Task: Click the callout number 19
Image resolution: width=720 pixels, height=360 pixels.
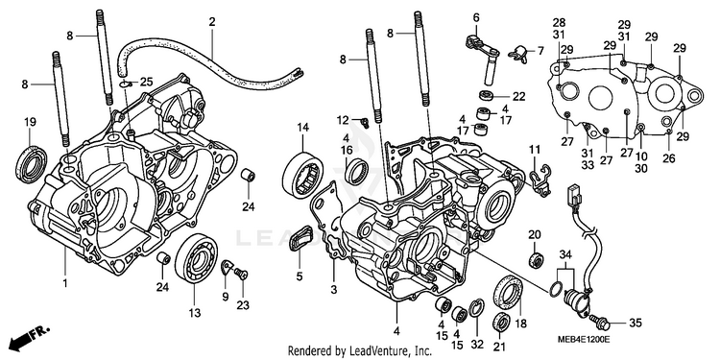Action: tap(30, 122)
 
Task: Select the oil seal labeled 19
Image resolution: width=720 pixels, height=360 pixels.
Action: tap(32, 164)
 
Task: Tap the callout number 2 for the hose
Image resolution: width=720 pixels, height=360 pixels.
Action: tap(212, 21)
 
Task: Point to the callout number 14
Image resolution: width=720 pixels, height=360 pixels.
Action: tap(302, 127)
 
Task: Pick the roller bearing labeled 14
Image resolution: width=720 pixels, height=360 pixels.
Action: tap(303, 175)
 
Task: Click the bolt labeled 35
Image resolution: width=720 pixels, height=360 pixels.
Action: tap(600, 324)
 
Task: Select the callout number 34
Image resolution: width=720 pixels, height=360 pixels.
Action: tap(565, 254)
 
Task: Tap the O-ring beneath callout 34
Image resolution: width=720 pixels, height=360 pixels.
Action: tap(555, 288)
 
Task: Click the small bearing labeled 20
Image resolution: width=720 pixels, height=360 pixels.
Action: tap(535, 259)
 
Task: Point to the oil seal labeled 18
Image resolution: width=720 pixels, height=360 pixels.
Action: tap(508, 291)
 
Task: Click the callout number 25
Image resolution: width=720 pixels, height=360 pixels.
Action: tap(146, 83)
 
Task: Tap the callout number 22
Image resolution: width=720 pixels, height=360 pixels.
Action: tap(518, 96)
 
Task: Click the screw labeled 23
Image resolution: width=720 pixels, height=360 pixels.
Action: tap(241, 275)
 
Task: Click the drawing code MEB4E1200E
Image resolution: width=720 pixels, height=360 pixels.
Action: tap(583, 339)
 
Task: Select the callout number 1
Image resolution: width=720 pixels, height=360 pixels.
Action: tap(65, 283)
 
